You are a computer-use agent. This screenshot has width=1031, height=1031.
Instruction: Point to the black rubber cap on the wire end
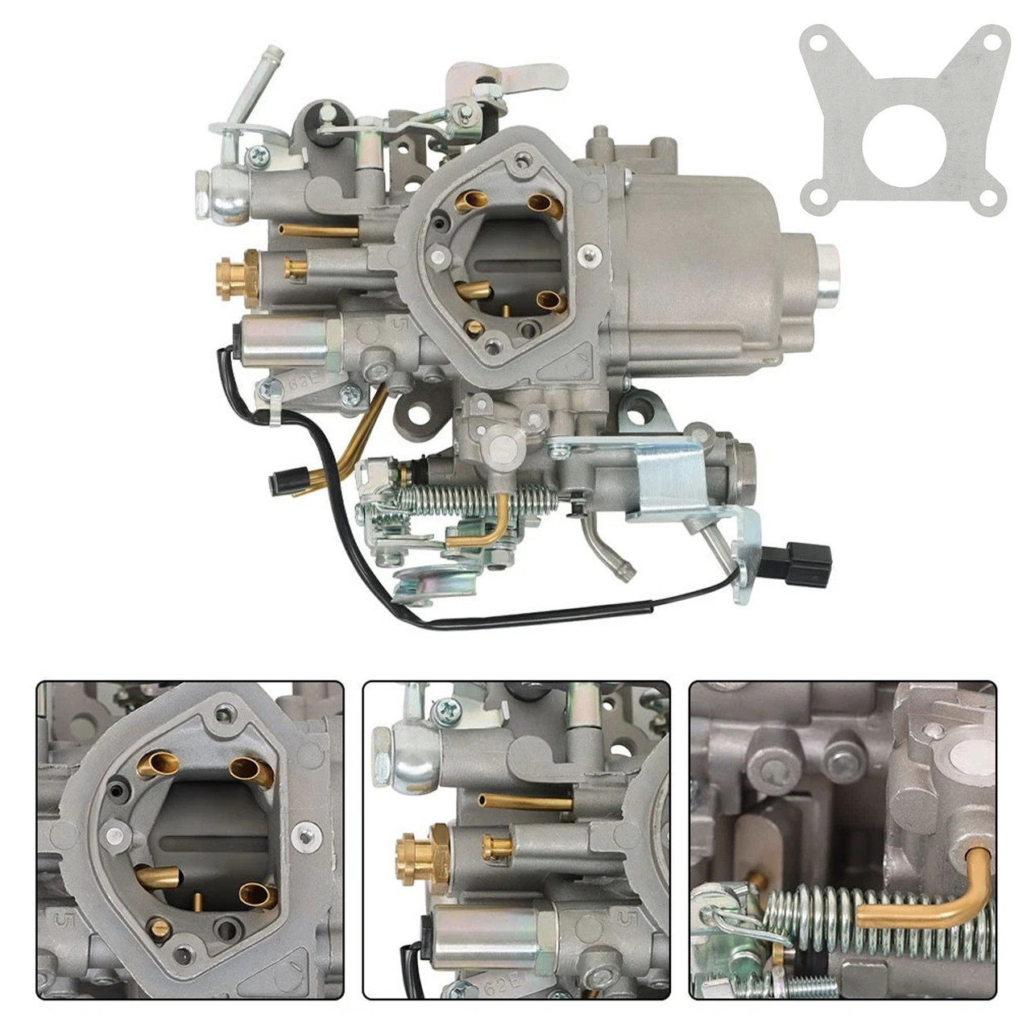click(x=281, y=481)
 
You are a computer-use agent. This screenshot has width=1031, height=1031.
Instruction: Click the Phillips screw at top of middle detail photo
click(x=447, y=710)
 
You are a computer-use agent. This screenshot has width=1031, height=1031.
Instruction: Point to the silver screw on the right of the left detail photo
click(x=305, y=838)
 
